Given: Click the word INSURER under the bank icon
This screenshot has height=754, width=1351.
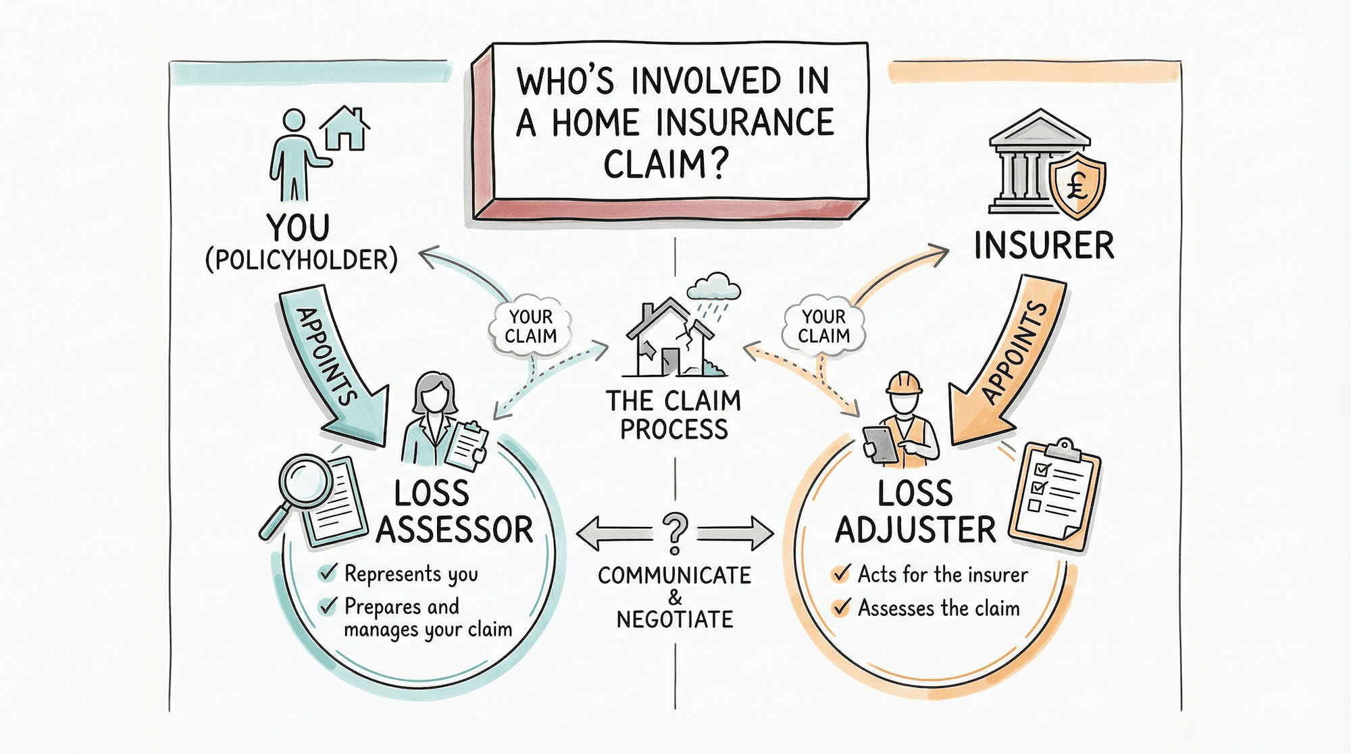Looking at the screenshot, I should [1044, 245].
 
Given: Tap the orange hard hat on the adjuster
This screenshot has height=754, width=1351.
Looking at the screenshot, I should [904, 383].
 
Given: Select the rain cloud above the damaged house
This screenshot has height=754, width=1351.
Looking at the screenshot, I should [713, 287].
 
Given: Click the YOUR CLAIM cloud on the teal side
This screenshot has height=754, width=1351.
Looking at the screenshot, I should [531, 326].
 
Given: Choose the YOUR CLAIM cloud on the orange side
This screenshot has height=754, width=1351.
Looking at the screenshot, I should [823, 326].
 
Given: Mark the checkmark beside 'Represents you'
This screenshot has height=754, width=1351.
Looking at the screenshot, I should [328, 573].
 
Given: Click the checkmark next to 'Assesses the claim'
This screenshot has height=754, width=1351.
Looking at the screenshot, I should [841, 607].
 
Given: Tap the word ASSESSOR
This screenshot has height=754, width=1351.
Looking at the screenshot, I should [454, 530].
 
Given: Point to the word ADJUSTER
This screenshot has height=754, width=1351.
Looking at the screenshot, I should [915, 530].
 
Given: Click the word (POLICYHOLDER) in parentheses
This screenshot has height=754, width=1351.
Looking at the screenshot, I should [301, 260].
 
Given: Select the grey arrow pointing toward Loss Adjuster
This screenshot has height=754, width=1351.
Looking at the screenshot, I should [736, 533].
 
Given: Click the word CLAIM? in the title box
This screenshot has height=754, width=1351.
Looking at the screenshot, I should [665, 164].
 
